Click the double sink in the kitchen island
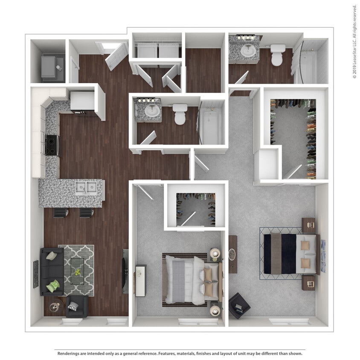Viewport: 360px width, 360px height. (86, 187)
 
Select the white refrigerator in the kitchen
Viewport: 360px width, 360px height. (82, 102)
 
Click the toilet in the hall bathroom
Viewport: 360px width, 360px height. (180, 114)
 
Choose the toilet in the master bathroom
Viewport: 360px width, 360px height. (278, 55)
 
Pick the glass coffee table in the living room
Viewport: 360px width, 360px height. (77, 270)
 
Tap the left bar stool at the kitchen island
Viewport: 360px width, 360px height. (61, 212)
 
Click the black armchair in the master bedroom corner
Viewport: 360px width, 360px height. (239, 305)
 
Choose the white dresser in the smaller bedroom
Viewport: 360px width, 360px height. (140, 280)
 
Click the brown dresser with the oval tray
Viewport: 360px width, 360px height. (232, 254)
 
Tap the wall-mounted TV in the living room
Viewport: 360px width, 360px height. (125, 271)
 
